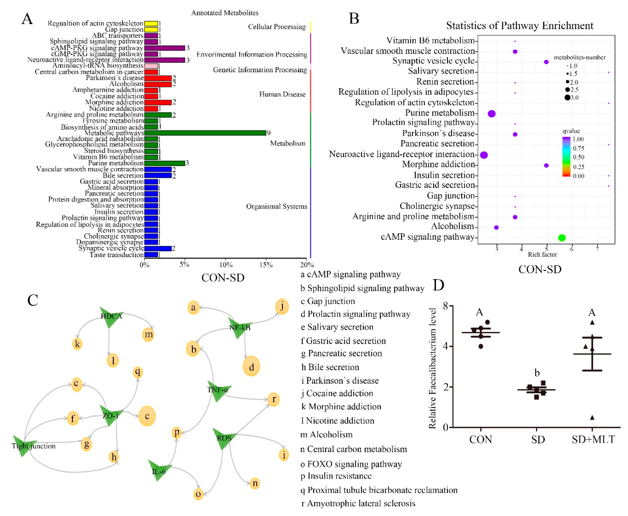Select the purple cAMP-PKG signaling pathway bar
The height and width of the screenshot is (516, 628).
click(165, 48)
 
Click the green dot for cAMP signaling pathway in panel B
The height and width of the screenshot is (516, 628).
click(561, 237)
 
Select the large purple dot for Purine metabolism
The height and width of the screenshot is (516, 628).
click(491, 114)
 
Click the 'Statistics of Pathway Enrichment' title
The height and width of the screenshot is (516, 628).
click(519, 26)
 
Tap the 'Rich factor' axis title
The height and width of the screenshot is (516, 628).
click(542, 254)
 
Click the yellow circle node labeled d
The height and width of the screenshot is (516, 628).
click(251, 367)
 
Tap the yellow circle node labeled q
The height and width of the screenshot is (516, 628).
click(137, 372)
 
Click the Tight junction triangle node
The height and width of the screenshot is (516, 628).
click(24, 445)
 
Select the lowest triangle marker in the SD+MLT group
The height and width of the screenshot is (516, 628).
click(592, 418)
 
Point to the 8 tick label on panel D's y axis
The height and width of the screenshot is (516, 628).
click(445, 306)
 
